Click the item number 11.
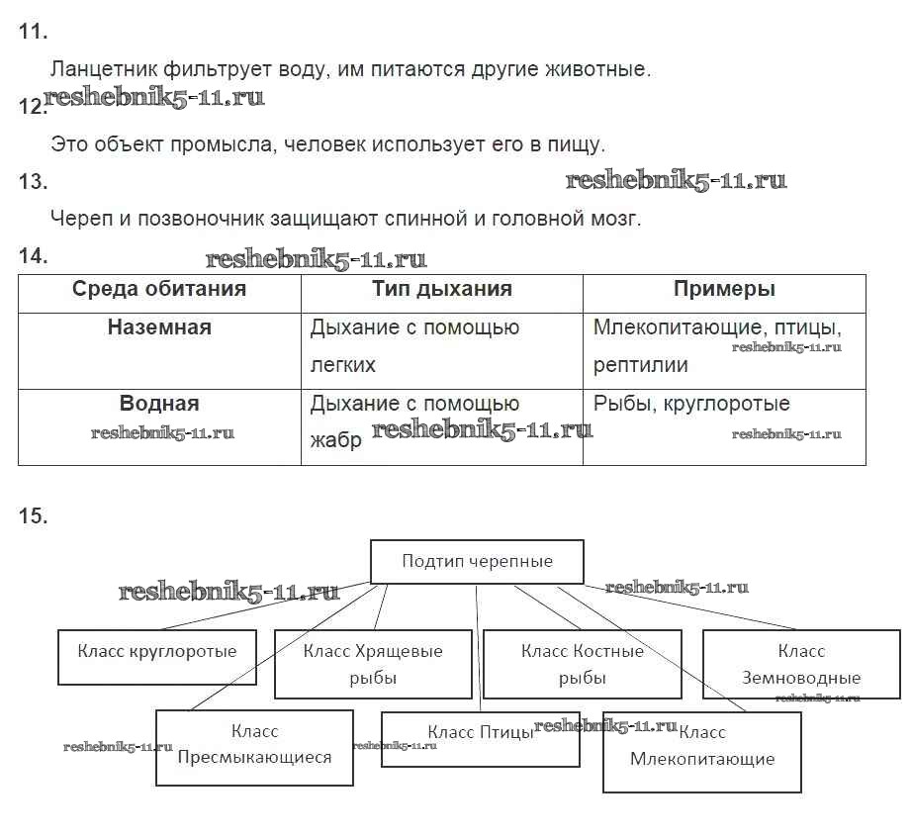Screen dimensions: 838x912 33,32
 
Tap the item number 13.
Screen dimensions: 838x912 33,181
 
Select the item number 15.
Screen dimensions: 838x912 33,515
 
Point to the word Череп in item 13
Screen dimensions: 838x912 77,219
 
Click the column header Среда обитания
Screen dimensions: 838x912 159,289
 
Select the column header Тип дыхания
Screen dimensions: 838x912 442,289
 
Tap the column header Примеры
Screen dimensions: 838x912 724,289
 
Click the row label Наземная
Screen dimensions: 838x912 159,327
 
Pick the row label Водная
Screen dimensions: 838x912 159,404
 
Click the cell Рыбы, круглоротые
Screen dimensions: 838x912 691,404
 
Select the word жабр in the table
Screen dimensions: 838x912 336,440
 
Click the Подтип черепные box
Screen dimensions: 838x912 477,562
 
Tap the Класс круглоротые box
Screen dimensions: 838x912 157,657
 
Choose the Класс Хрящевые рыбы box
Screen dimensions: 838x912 373,664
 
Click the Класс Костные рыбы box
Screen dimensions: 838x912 583,664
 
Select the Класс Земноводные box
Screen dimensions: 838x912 801,664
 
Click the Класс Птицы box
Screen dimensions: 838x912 480,738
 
